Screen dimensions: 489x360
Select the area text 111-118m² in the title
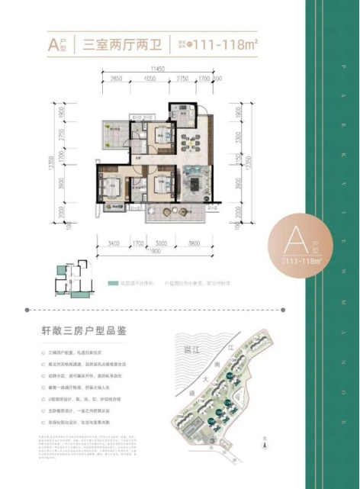pyautogui.click(x=217, y=44)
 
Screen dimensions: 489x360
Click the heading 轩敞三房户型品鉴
pyautogui.click(x=88, y=333)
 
